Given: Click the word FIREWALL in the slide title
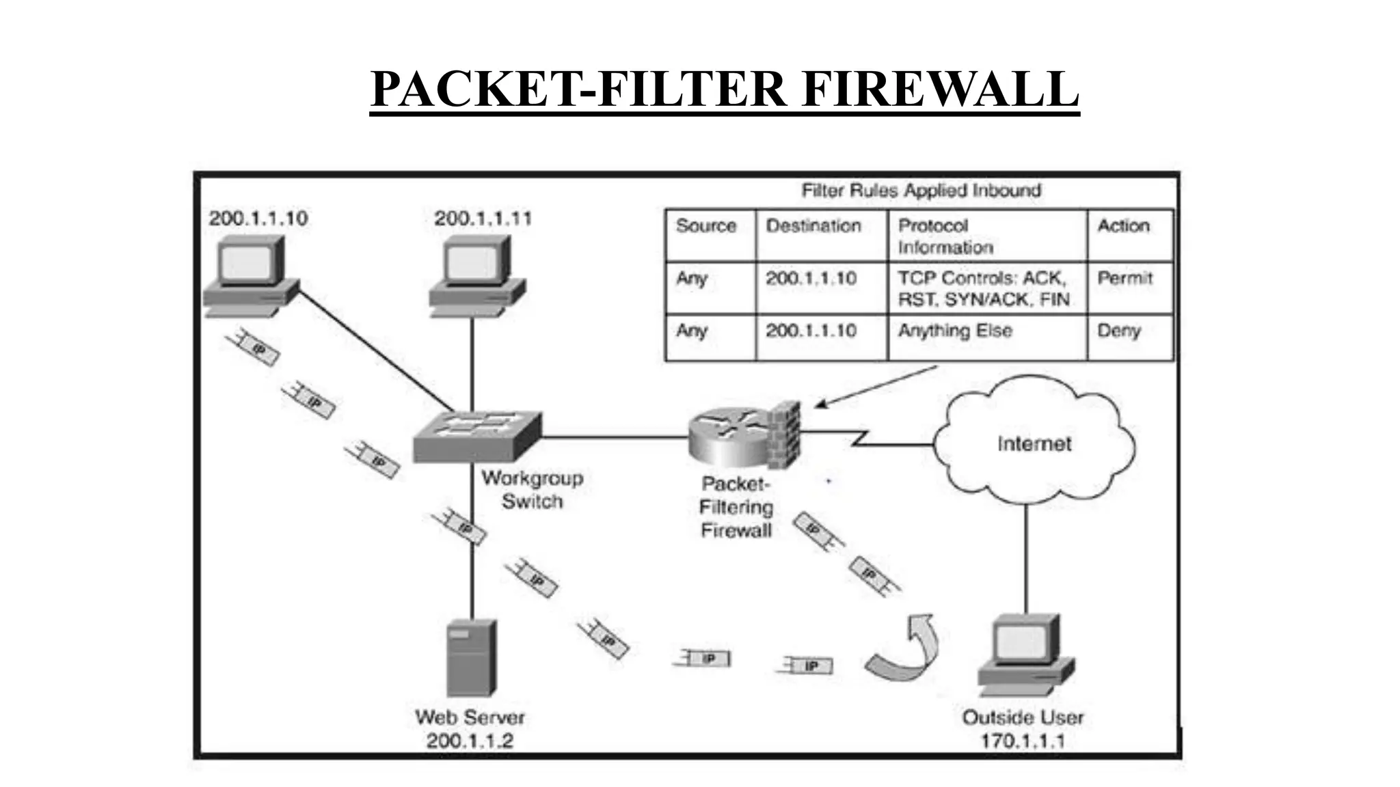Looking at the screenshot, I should tap(940, 89).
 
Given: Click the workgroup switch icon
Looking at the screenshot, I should tap(477, 436).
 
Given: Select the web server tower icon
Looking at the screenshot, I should tap(471, 657).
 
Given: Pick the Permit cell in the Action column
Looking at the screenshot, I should tap(1125, 279).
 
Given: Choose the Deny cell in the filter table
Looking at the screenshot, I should tap(1119, 331).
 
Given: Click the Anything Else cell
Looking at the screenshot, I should tap(955, 331).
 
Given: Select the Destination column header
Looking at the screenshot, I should tap(813, 226).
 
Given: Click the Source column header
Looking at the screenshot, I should tap(705, 226).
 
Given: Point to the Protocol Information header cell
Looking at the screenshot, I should tap(945, 236).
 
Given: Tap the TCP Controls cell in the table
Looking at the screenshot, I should tap(983, 288).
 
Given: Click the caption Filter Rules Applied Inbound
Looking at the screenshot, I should tap(921, 191).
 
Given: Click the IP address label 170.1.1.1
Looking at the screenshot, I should tap(1023, 741).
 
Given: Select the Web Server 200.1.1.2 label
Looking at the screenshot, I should tap(470, 729).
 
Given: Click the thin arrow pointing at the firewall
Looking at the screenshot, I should tap(876, 387).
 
